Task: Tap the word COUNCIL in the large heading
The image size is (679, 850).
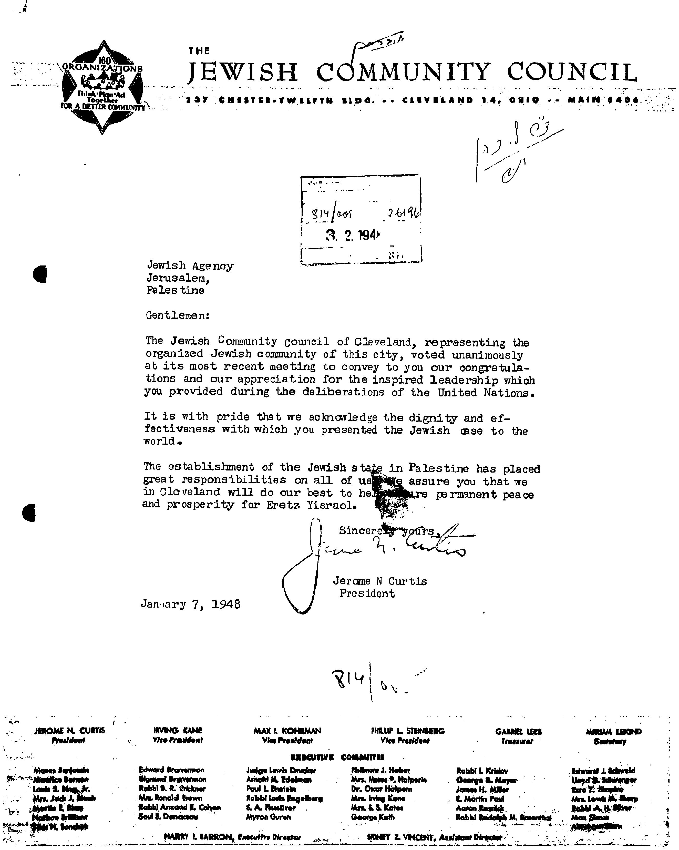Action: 572,73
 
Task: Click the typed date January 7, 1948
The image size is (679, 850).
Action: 190,604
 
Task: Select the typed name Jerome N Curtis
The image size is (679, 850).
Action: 379,581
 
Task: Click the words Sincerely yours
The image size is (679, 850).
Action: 386,531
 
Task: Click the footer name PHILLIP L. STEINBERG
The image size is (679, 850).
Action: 407,731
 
